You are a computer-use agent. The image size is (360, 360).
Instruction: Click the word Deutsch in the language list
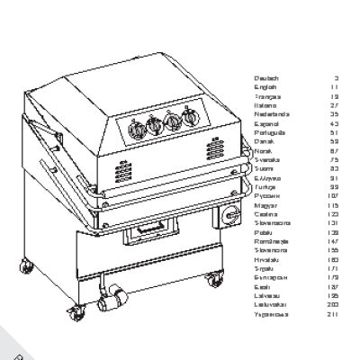point(266,78)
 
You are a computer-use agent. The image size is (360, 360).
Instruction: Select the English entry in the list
point(265,87)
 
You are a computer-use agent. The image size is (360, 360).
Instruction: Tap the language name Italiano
point(265,105)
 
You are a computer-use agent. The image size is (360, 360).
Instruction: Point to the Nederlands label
point(271,114)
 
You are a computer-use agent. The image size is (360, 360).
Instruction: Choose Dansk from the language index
point(265,141)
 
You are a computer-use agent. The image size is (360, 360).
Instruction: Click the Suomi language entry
point(265,168)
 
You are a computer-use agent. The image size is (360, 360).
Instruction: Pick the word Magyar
point(266,205)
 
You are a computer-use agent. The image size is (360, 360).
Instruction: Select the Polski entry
point(265,232)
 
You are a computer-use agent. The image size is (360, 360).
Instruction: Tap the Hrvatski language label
point(267,259)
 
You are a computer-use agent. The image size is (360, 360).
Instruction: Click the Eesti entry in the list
point(264,286)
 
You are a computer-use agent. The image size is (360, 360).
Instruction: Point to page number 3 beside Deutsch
point(336,78)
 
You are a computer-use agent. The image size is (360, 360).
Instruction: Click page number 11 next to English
point(335,87)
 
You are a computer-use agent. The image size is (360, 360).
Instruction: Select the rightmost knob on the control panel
point(189,118)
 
